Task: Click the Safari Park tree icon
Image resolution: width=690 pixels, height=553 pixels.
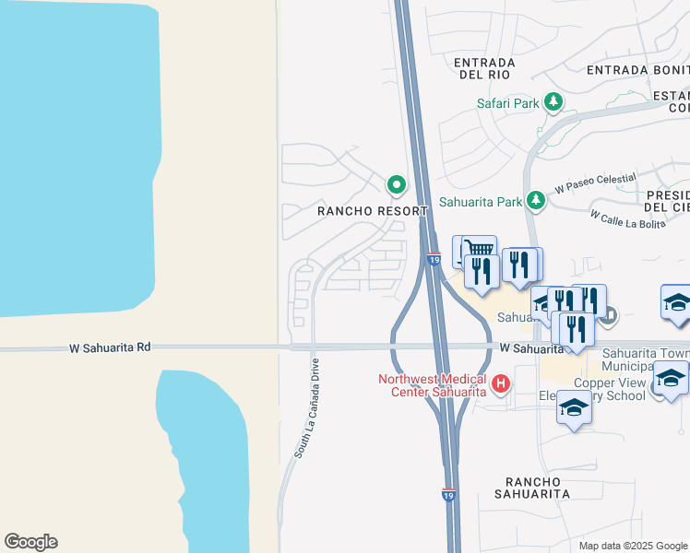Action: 553,102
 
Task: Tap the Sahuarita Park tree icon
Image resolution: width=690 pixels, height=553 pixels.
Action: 536,200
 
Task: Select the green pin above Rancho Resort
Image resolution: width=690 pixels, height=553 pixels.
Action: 397,185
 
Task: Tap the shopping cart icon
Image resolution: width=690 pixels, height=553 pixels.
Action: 478,249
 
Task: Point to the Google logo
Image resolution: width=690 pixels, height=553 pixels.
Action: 30,542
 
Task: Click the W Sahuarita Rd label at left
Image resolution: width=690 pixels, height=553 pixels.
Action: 109,347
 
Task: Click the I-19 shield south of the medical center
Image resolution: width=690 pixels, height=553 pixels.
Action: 448,495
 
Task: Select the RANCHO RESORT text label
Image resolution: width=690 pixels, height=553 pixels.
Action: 373,211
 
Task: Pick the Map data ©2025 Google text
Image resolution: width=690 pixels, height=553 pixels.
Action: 633,546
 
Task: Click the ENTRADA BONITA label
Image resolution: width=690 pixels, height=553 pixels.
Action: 637,69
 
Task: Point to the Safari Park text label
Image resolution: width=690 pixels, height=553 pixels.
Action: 507,103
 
